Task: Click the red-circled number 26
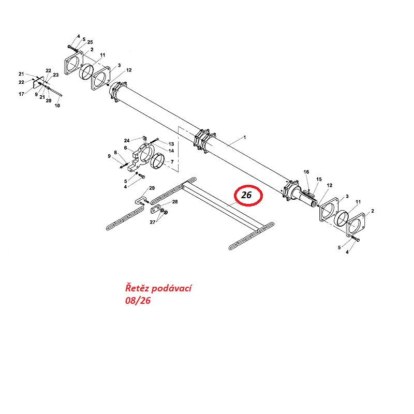pos(247,195)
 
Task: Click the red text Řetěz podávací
pos(158,288)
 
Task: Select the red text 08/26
pos(138,301)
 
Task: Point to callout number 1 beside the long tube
pos(245,138)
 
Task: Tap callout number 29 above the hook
pos(152,187)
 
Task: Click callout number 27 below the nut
pos(152,222)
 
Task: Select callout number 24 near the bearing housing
pos(126,140)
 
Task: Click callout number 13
pos(171,144)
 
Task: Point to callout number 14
pos(171,151)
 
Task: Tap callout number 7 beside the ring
pos(172,161)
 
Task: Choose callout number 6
pos(125,147)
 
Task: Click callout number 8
pos(116,152)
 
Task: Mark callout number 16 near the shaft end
pos(306,172)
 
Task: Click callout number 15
pos(319,179)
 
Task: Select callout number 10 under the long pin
pos(57,106)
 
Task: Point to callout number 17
pos(22,94)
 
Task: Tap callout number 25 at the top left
pos(90,41)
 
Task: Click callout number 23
pos(55,76)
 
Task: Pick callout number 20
pos(49,100)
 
